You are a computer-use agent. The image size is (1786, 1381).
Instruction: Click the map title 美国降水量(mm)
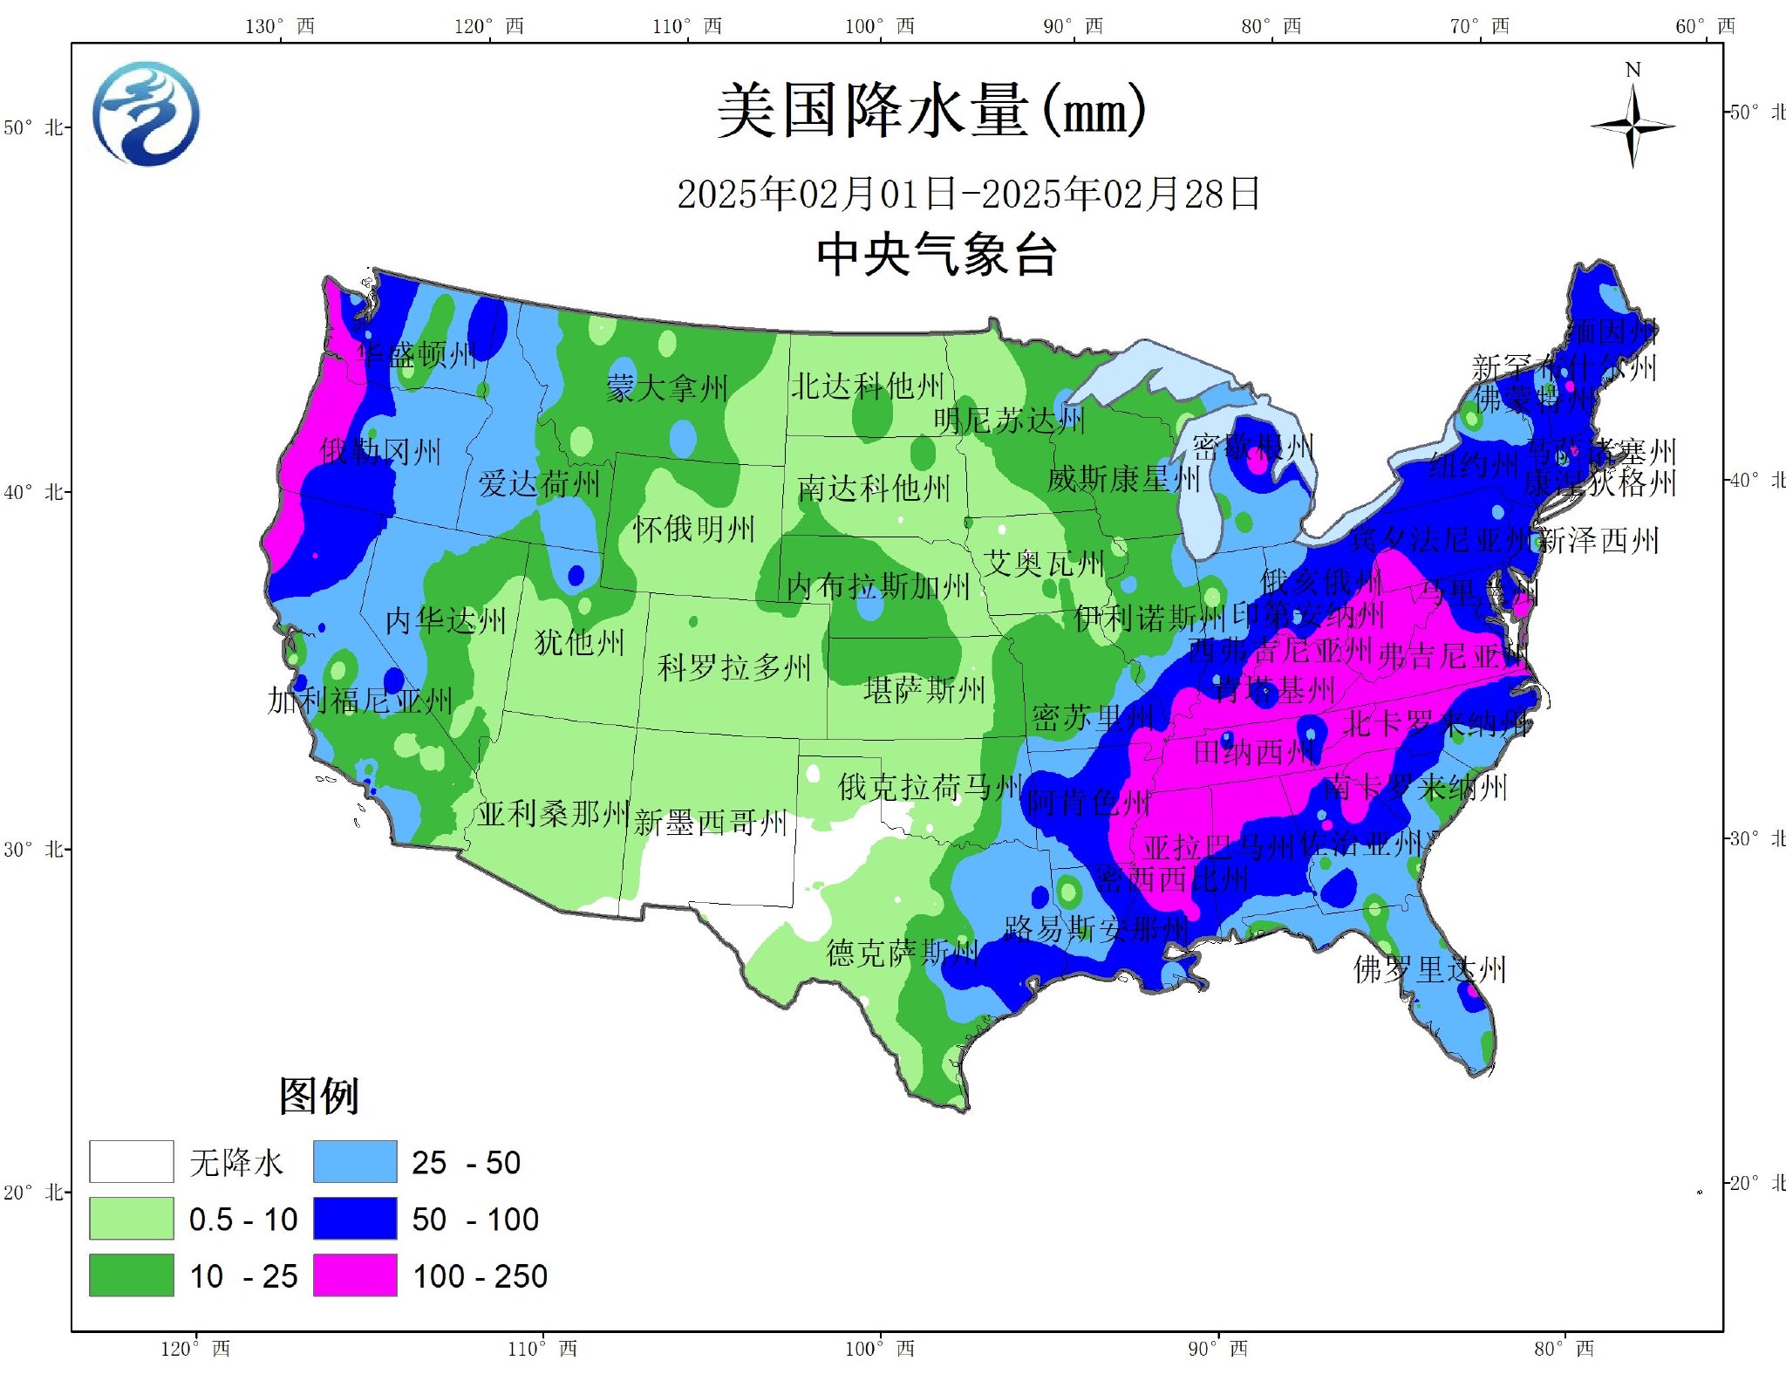click(931, 112)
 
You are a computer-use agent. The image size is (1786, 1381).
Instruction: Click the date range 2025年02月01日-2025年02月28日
click(968, 194)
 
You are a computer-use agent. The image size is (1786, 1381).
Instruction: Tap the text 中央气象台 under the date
click(937, 256)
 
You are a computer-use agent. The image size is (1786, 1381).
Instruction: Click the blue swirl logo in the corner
click(146, 113)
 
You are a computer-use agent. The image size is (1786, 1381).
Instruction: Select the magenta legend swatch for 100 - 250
click(355, 1275)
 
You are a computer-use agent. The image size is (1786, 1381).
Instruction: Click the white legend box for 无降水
click(131, 1162)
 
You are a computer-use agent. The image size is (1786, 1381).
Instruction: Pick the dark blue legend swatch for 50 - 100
click(355, 1219)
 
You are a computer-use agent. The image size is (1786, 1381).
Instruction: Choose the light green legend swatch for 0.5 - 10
click(131, 1219)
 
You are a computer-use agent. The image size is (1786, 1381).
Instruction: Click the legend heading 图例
click(318, 1096)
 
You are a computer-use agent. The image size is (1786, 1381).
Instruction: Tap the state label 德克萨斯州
click(902, 952)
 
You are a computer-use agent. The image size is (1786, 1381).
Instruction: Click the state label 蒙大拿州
click(666, 387)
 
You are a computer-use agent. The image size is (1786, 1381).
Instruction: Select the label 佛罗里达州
click(1429, 969)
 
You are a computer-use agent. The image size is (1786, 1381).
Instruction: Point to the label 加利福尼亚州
click(359, 700)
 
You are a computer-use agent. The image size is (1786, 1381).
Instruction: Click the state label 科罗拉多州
click(733, 667)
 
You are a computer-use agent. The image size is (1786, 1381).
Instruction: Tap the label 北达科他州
click(867, 385)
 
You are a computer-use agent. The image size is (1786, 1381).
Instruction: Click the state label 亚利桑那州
click(553, 814)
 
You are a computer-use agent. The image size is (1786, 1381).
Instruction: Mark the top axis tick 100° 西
click(879, 26)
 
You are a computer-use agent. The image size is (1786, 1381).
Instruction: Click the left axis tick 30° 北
click(33, 849)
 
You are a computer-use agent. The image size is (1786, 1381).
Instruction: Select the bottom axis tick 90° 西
click(1217, 1349)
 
